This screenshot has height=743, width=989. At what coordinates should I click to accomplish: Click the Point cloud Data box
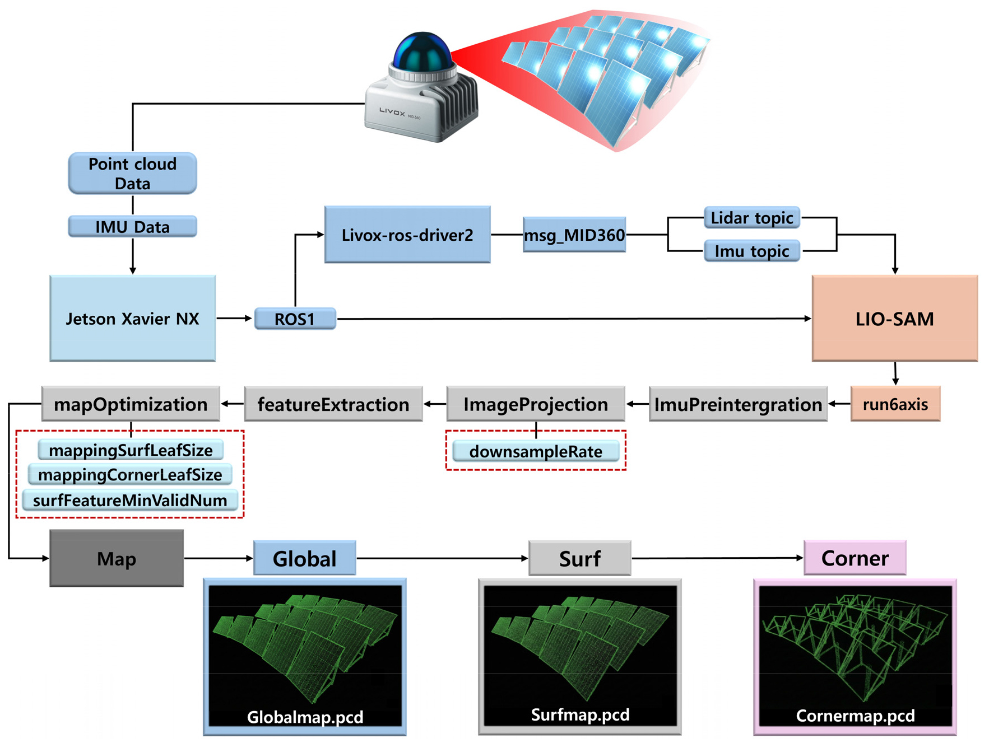tap(132, 174)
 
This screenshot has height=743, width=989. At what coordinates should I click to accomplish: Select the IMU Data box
tap(132, 226)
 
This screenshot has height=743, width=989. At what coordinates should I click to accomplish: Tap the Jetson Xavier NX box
tap(132, 318)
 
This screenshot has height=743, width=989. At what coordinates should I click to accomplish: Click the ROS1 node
tap(295, 319)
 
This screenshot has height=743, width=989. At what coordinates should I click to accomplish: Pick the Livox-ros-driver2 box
tap(407, 235)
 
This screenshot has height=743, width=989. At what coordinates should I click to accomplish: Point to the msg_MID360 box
tap(574, 235)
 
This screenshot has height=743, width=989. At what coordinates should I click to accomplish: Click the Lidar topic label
tap(751, 218)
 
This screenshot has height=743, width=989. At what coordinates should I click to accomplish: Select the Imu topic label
tap(751, 251)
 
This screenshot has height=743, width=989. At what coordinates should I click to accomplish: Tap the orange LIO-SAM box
tap(895, 318)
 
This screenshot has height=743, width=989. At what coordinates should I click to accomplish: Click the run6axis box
tap(895, 404)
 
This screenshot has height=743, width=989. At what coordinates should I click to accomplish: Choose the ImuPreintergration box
tap(738, 404)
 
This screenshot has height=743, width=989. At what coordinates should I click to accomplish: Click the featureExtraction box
tap(333, 404)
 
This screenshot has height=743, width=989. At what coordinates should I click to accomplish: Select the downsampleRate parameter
tap(536, 451)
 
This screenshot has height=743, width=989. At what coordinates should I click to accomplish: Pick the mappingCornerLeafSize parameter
tap(130, 475)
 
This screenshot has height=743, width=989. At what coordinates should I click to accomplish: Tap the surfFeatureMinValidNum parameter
tap(130, 500)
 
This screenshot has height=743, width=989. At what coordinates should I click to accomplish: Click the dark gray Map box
tap(117, 558)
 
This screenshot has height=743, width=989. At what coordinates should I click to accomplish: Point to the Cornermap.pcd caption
tap(855, 716)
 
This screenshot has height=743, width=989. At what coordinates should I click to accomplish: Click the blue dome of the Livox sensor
tap(422, 52)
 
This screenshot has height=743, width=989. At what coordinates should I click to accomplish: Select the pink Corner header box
tap(855, 558)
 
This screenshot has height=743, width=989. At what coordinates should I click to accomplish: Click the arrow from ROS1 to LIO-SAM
tap(574, 319)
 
